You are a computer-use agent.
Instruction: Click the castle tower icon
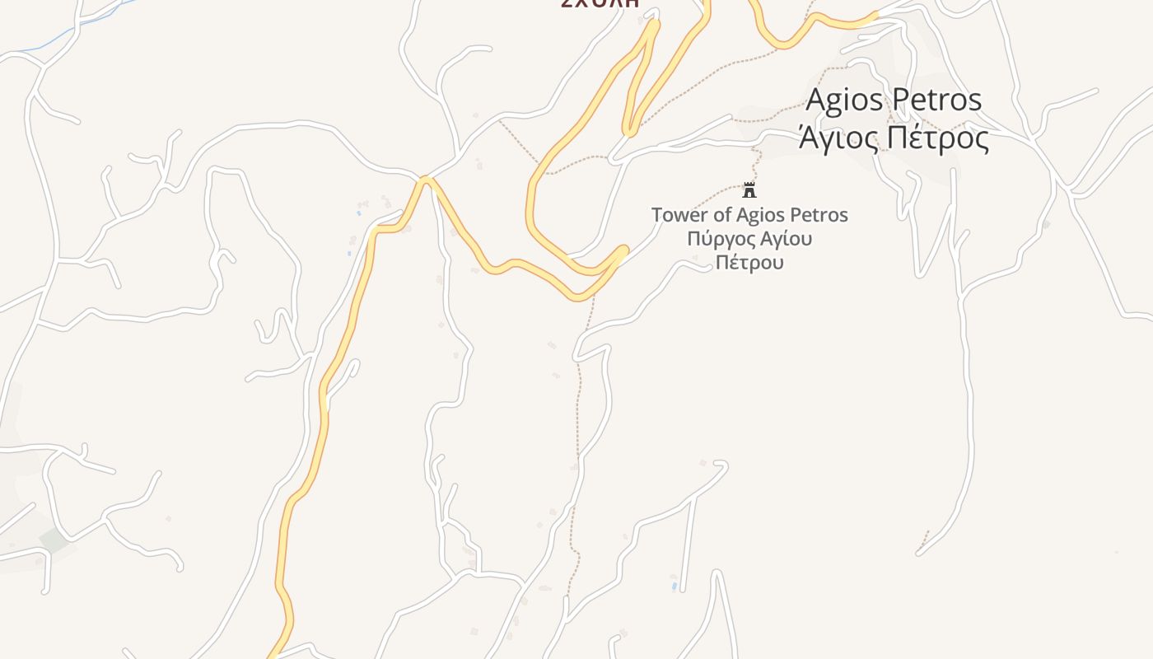pyautogui.click(x=749, y=190)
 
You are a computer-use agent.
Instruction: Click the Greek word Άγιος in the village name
pyautogui.click(x=837, y=138)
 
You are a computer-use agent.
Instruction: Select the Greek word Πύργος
pyautogui.click(x=719, y=240)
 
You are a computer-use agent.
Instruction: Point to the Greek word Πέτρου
pyautogui.click(x=749, y=263)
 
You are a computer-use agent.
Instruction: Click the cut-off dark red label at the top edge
pyautogui.click(x=600, y=3)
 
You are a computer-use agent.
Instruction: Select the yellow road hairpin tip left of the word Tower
pyautogui.click(x=623, y=249)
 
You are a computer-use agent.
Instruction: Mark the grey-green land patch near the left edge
pyautogui.click(x=54, y=540)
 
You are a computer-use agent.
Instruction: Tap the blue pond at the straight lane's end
pyautogui.click(x=675, y=587)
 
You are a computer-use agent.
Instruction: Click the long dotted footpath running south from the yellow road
pyautogui.click(x=578, y=428)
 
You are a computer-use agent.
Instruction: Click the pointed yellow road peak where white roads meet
pyautogui.click(x=425, y=180)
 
